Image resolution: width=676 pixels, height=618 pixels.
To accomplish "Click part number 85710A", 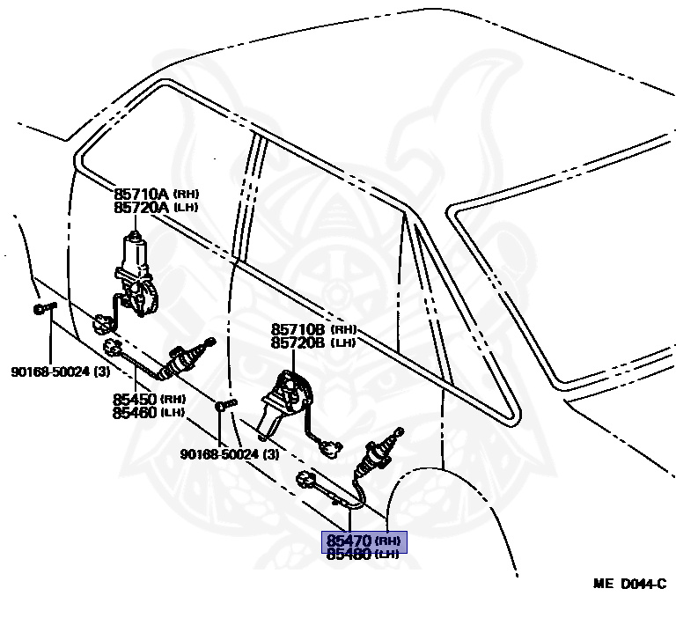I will [x=141, y=194].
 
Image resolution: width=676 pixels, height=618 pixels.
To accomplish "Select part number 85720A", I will [x=141, y=207].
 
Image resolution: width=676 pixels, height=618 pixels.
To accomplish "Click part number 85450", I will [x=134, y=399].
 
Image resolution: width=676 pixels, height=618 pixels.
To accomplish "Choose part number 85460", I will [x=134, y=412].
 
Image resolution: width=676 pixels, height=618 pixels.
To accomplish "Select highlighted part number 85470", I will [x=349, y=541].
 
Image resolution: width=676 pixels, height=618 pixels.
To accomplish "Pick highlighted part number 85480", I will [x=349, y=554].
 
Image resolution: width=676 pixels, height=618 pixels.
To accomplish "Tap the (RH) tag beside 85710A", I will [x=186, y=193].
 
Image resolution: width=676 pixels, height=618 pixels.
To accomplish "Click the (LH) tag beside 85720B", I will [x=344, y=344].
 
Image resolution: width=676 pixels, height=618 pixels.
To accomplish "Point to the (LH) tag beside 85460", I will [x=173, y=413].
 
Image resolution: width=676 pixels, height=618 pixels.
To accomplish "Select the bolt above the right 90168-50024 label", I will [x=225, y=405].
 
